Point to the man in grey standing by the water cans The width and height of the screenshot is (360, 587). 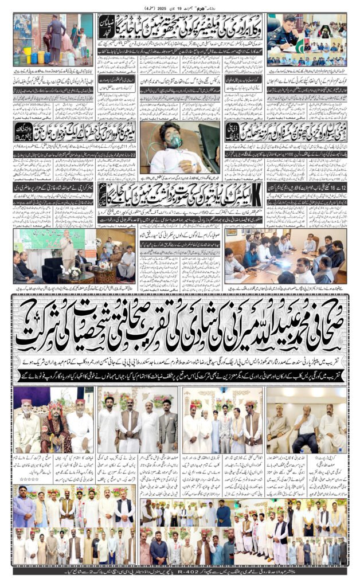tap(55, 34)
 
